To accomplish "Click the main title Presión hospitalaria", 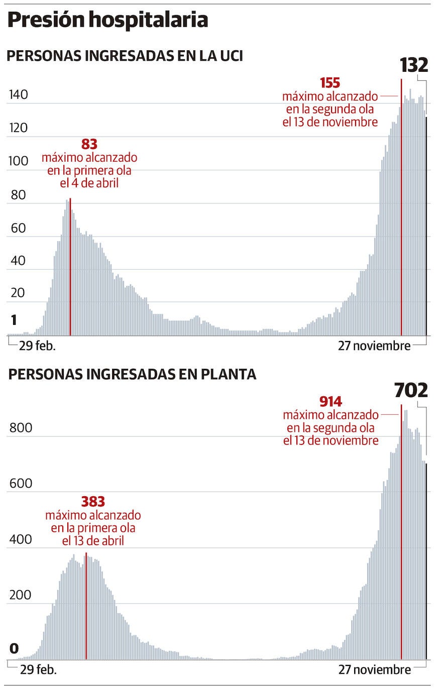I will (107, 20).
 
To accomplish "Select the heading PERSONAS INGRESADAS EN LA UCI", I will (125, 56).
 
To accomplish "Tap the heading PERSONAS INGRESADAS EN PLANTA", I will (132, 374).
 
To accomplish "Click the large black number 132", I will (414, 65).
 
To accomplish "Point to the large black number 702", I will (411, 390).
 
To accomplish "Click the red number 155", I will (330, 83).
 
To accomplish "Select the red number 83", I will (89, 145).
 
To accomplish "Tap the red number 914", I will (331, 402).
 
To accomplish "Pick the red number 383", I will (93, 502).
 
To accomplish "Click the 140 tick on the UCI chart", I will (18, 95).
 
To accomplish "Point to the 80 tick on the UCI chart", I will (18, 194).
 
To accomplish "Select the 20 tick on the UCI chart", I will (18, 293).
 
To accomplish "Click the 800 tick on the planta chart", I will (21, 428).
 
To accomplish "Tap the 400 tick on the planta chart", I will (21, 540).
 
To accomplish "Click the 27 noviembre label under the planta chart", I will (374, 669).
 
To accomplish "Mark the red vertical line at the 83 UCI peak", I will (70, 266).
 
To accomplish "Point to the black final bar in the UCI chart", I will (426, 226).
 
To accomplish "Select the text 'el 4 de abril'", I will (89, 183).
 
